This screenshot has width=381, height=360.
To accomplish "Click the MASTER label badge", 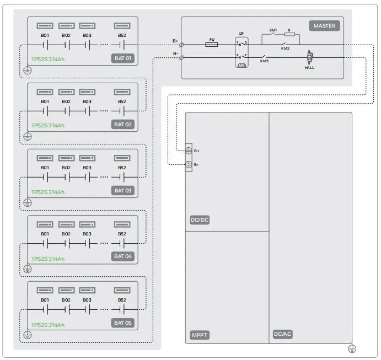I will pos(325,26).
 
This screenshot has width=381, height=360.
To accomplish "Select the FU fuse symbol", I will pos(211,45).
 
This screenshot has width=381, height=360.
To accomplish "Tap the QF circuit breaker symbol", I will pos(242,50).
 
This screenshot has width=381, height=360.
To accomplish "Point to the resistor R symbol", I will pos(289,35).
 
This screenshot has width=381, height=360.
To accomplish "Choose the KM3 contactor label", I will pos(265,61).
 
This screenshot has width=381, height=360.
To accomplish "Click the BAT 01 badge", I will pos(124,58).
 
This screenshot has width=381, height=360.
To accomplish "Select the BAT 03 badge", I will pos(124,190).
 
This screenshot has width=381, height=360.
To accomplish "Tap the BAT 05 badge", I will pos(124,323).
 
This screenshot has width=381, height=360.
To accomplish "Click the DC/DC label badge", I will pos(200,220).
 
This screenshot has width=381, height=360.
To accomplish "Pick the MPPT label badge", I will pos(200,335).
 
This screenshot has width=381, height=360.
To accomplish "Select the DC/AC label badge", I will pos(282,335).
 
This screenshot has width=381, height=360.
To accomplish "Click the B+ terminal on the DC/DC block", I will pos(188,151).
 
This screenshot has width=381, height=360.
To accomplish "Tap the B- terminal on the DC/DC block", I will pos(188,164).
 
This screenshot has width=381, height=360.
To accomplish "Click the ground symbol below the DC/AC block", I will pos(352,348).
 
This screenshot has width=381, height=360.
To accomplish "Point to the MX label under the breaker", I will pos(242,65).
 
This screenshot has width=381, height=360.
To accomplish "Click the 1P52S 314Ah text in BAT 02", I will pos(48,126).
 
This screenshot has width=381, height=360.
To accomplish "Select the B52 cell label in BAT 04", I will pos(122,234).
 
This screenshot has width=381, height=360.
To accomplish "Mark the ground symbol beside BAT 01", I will pos(28,71).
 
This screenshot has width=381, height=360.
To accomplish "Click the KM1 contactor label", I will pos(273,30).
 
